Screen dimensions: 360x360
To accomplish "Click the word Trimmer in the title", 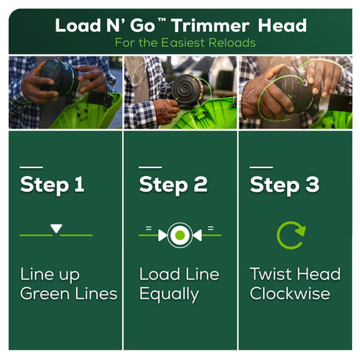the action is (211, 27).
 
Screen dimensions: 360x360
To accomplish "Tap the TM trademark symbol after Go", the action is (162, 20).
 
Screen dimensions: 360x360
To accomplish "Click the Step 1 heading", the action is (52, 185).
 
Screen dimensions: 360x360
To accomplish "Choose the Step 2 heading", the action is (173, 185).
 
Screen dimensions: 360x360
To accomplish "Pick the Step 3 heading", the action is (284, 185).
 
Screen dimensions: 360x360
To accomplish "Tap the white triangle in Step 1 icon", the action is (56, 228).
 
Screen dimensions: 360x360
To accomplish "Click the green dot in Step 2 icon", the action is (180, 235).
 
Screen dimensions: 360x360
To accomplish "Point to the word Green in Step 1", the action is (45, 293).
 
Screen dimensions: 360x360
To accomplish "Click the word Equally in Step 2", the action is (169, 294).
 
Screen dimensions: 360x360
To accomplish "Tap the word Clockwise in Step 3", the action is (290, 293).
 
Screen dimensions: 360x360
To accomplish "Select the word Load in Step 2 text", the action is (160, 274).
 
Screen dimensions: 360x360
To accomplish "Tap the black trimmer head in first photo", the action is (59, 76).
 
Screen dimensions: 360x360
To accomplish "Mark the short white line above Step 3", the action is (261, 167).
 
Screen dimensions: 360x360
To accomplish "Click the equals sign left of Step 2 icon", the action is (149, 229).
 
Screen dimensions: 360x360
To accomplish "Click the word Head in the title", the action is (283, 26).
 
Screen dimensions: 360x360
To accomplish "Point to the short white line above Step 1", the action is (31, 167).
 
